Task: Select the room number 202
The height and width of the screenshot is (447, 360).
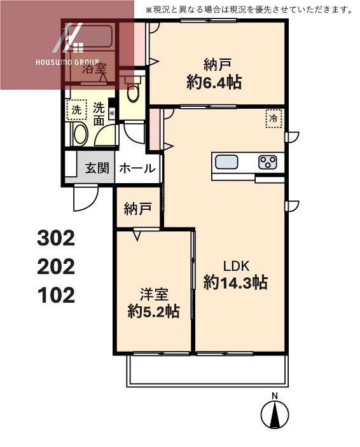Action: [56, 266]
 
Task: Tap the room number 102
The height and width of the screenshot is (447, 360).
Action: [56, 294]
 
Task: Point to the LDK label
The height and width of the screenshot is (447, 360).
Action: [235, 266]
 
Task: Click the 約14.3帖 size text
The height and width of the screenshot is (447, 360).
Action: [235, 282]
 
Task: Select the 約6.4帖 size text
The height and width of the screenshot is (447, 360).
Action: [214, 81]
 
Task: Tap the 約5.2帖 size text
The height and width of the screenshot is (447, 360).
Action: [153, 311]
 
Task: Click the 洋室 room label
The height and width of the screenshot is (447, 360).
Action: [153, 294]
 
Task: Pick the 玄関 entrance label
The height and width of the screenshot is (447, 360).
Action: [97, 168]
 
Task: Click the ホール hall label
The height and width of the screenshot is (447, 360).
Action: [137, 168]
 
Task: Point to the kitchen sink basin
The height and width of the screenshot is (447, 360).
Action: [226, 162]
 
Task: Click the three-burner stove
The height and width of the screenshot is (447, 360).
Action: [268, 162]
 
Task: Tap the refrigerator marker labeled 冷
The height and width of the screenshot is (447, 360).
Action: [273, 118]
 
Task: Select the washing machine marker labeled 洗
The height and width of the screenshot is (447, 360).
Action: [76, 110]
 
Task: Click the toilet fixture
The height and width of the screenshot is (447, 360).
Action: [133, 92]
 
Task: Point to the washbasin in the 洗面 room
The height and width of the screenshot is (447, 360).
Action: [79, 134]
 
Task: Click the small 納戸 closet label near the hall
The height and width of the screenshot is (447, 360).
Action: [137, 209]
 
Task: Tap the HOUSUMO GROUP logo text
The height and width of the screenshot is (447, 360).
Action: [67, 63]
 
